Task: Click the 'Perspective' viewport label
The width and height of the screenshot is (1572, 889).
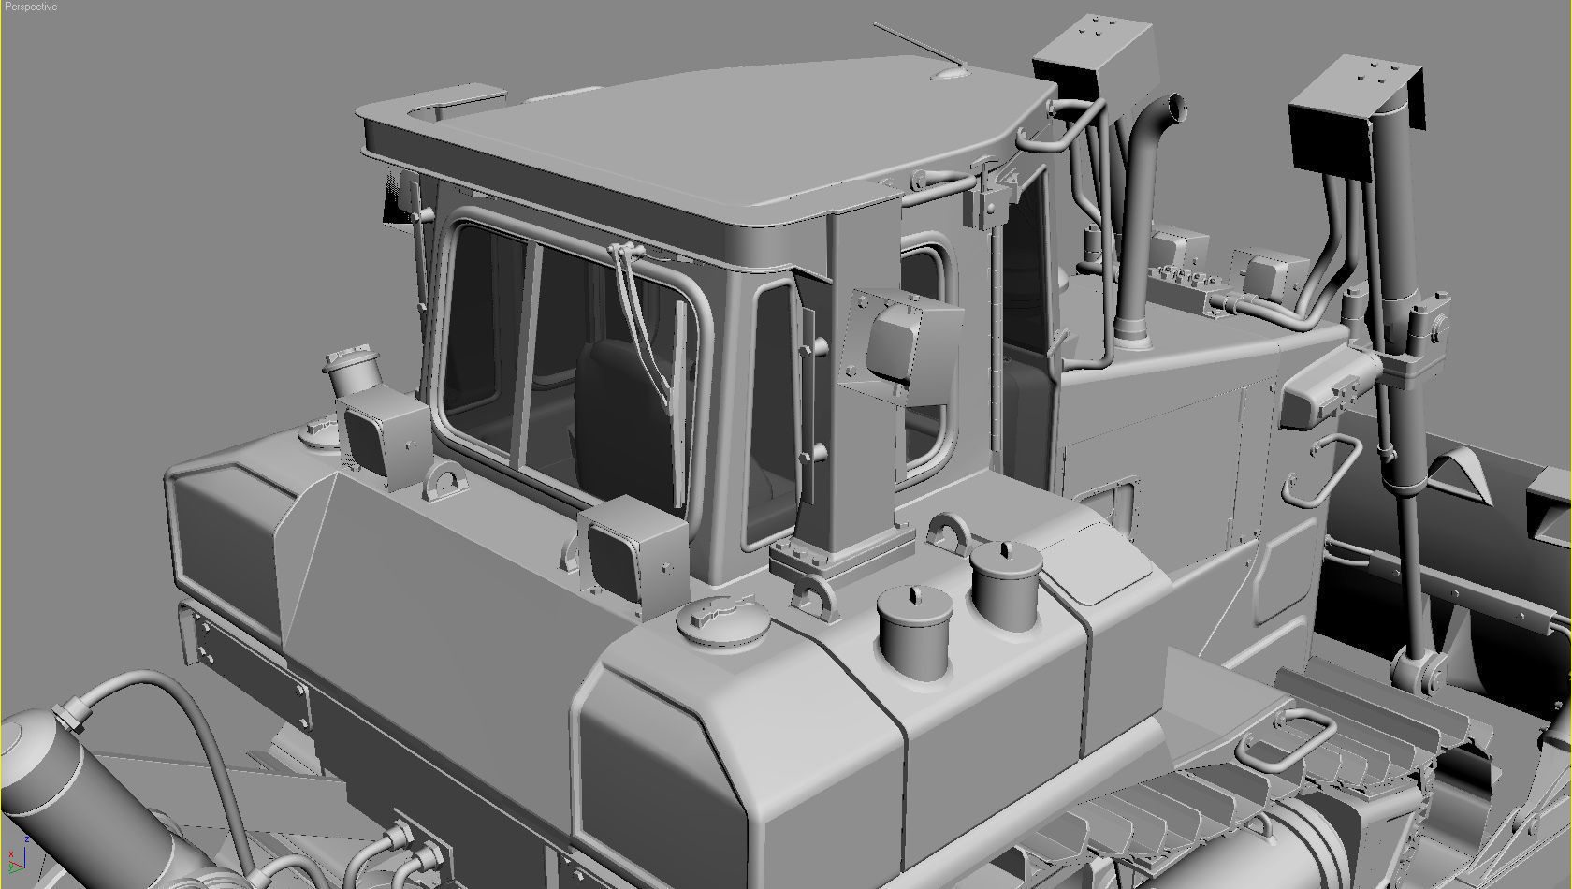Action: (31, 7)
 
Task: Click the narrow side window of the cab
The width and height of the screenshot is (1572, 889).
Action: (773, 412)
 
